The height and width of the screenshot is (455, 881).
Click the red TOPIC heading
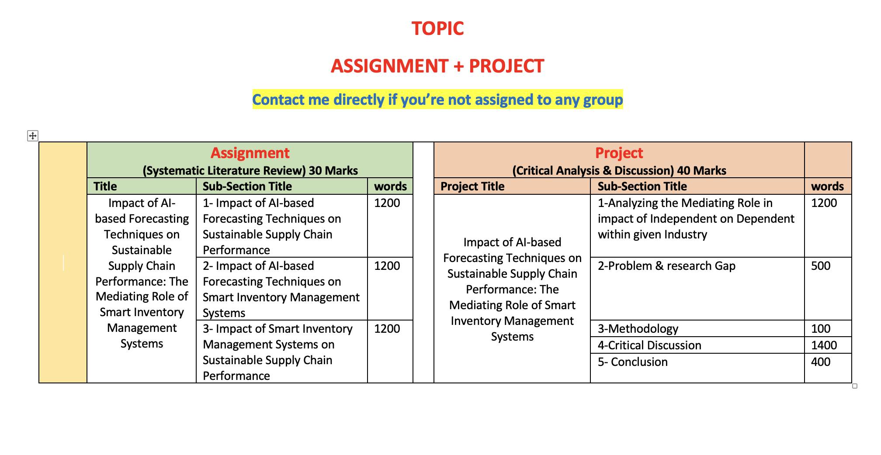point(437,29)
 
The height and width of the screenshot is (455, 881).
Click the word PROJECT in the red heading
point(506,66)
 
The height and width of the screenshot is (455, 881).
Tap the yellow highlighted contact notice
point(437,100)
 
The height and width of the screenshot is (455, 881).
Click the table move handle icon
point(33,136)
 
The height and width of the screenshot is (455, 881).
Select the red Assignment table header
point(250,153)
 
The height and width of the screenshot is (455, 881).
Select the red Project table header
point(619,153)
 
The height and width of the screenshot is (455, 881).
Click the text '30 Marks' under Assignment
point(333,171)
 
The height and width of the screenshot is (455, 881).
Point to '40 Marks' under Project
point(701,171)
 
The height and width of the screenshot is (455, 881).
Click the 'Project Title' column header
point(472,186)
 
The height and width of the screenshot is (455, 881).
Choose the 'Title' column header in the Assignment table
point(105,186)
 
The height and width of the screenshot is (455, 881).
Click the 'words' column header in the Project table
point(827,186)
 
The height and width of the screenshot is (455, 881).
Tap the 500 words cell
point(821,266)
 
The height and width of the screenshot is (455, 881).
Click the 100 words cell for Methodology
point(821,329)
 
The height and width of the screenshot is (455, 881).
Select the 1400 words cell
point(824,345)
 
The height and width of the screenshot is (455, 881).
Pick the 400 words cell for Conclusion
point(821,362)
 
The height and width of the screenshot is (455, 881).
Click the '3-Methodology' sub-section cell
point(638,329)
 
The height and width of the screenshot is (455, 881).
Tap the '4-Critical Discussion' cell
point(649,345)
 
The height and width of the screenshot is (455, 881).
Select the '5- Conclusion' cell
point(633,362)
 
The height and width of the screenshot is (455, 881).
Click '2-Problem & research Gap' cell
point(666,266)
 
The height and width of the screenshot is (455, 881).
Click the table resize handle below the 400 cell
point(855,386)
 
